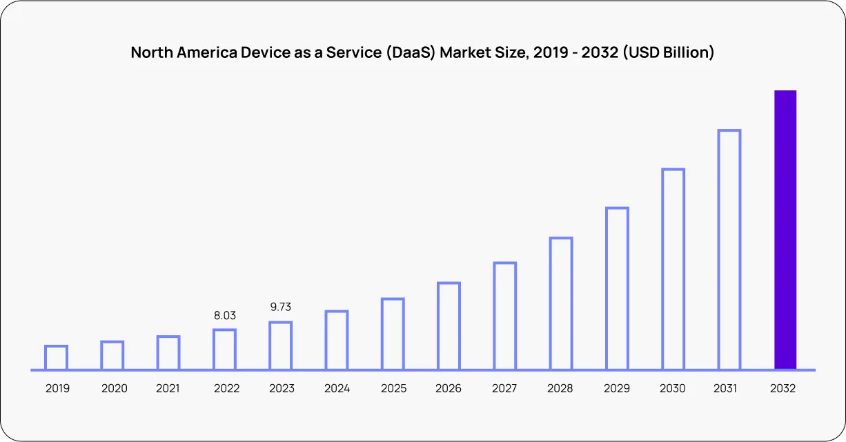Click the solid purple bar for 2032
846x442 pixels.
coord(785,230)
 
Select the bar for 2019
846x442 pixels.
coord(57,357)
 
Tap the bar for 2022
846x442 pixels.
coord(224,349)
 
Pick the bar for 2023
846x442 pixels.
coord(280,345)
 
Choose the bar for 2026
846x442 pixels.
coord(449,325)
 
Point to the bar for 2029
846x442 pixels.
coord(617,288)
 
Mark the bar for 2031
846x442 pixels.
coord(729,250)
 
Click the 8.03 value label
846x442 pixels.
coord(224,315)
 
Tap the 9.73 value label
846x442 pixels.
coord(280,308)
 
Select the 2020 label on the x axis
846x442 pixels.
coord(114,388)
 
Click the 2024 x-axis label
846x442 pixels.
coord(337,388)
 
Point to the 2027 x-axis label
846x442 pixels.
coord(504,388)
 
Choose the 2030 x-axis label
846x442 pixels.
coord(673,388)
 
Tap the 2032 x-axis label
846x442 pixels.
coord(783,388)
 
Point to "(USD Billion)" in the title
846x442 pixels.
coord(668,52)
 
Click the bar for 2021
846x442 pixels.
coord(168,352)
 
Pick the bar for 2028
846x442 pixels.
coord(561,303)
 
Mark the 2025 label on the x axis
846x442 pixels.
coord(393,388)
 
